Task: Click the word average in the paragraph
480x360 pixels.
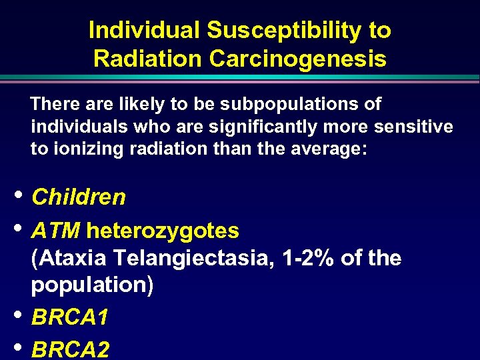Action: point(329,149)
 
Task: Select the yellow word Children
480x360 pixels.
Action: point(79,197)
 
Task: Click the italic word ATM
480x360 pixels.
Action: point(56,231)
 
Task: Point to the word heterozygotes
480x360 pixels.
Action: point(163,231)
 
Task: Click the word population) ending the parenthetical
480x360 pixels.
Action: point(92,285)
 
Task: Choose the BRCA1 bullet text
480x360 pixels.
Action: point(69,317)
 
